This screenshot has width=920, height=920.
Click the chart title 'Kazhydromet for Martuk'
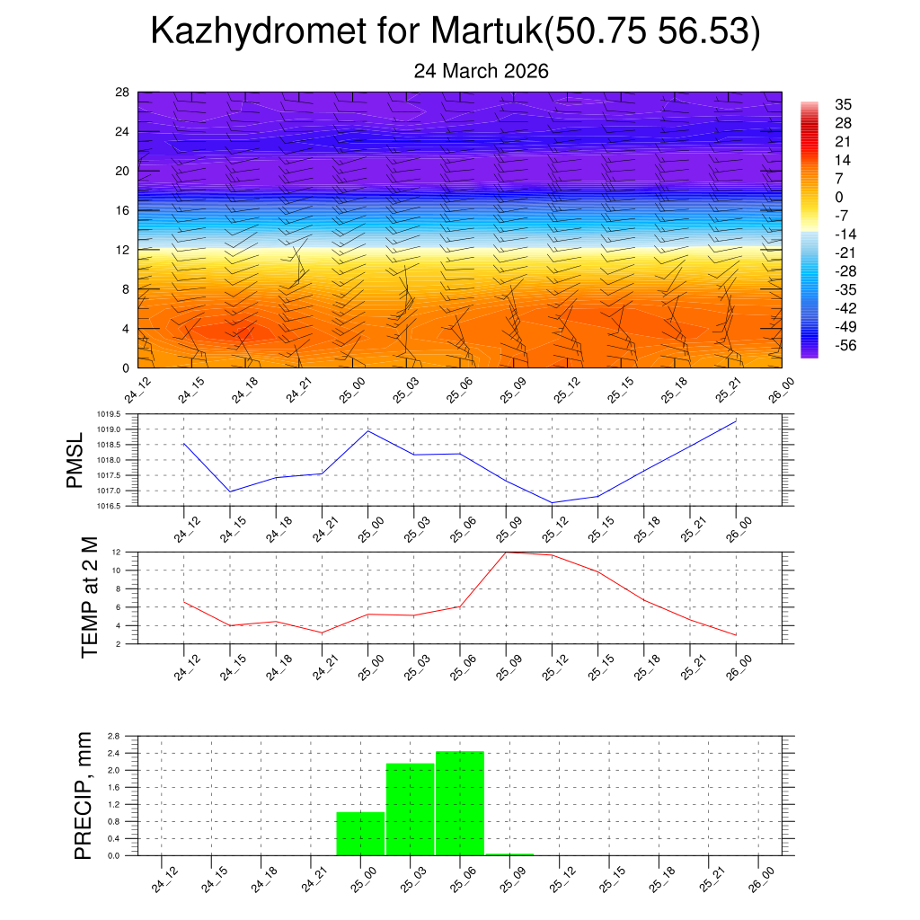point(456,31)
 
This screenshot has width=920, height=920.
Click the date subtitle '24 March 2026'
point(481,71)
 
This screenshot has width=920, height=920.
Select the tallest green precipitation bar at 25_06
point(460,803)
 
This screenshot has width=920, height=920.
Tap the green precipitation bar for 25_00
point(360,834)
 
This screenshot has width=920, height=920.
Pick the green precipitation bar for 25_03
point(410,809)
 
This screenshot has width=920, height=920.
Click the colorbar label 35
point(843,104)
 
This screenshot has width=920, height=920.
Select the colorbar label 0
point(839,198)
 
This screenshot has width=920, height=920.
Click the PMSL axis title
point(75,460)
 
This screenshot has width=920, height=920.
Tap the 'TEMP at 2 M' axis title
point(90,597)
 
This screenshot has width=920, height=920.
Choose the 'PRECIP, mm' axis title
point(84,795)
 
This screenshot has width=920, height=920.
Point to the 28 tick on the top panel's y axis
point(123,93)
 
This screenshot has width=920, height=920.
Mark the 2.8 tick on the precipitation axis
point(114,736)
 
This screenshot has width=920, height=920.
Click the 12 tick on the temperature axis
point(116,552)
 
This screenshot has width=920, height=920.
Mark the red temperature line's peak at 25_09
point(506,552)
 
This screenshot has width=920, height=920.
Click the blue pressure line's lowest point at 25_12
point(552,502)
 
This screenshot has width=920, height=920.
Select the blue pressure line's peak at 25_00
point(368,430)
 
